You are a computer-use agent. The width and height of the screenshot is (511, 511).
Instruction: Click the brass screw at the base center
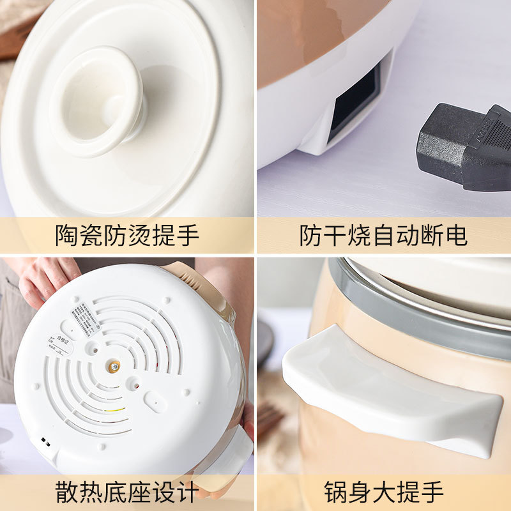114,366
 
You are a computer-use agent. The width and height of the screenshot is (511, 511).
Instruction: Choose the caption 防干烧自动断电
383,236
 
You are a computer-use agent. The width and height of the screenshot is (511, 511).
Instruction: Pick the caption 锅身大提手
383,492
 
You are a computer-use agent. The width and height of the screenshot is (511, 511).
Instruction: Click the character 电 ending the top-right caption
455,236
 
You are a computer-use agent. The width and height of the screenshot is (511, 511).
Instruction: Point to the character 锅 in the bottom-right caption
335,492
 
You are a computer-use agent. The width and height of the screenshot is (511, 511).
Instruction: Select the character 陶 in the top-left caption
67,236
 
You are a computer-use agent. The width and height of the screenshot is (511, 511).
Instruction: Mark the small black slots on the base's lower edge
45,441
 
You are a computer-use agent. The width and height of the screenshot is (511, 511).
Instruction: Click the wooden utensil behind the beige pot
271,422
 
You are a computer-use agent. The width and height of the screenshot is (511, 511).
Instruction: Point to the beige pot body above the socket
319,38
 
